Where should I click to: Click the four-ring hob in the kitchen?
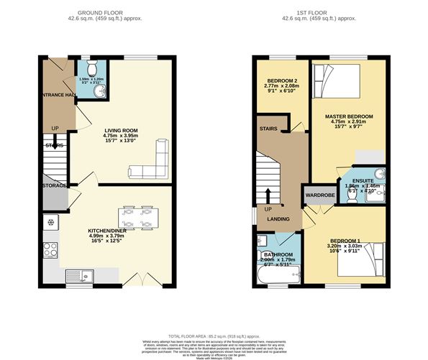coord(51,250)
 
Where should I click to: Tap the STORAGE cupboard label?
coord(54,186)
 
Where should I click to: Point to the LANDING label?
coord(279,220)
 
